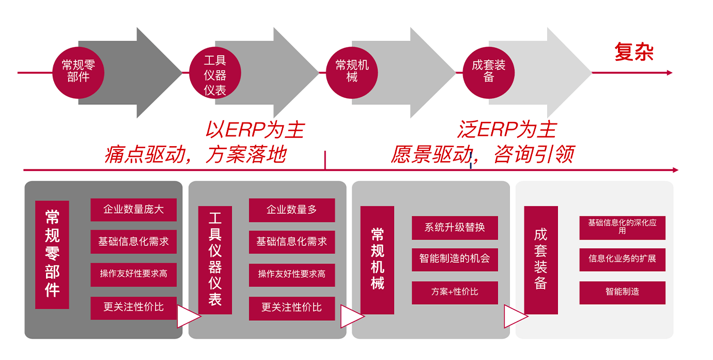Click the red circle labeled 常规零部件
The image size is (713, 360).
[78, 72]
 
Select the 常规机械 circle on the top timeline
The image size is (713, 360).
[352, 72]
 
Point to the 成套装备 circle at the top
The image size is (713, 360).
[489, 72]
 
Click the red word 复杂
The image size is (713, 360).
[634, 52]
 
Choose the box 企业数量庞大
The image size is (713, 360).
[133, 210]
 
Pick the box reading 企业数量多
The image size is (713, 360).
[292, 210]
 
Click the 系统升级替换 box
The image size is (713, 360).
[455, 227]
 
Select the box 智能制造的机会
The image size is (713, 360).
[455, 259]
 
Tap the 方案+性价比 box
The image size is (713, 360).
[455, 292]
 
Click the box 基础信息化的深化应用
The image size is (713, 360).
[622, 227]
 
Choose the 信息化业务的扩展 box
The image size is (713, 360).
[622, 259]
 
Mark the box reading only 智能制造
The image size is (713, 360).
[622, 292]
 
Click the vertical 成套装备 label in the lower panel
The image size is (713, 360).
[541, 260]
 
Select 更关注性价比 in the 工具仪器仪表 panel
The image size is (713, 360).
[292, 308]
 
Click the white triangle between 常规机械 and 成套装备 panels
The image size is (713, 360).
[515, 316]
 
